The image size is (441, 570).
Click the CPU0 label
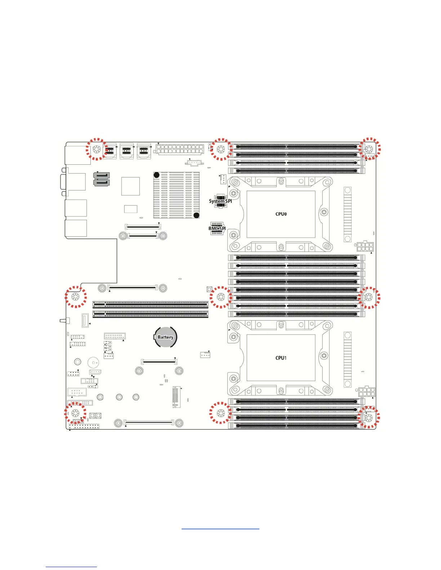pos(281,214)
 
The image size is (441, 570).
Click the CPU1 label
pos(281,358)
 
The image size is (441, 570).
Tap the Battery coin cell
pos(165,337)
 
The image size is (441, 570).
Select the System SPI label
pos(220,201)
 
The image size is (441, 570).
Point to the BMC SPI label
pos(217,229)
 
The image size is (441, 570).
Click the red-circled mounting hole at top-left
pos(97,149)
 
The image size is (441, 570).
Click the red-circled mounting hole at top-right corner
pos(369,149)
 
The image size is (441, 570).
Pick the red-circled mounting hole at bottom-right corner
pos(369,418)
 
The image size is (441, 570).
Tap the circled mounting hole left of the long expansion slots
pos(76,297)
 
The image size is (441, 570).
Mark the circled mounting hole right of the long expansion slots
pos(220,297)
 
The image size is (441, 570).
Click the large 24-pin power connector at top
pos(180,149)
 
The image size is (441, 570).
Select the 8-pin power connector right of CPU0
pos(365,247)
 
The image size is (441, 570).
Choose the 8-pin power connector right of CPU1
pos(366,392)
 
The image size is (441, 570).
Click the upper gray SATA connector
pos(101,175)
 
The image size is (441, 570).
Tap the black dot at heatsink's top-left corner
pos(157,175)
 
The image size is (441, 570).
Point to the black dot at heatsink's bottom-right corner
pos(196,215)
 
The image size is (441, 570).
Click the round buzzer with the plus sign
pos(93,363)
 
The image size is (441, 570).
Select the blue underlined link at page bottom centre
pos(220,529)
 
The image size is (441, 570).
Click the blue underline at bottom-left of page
pos(71,567)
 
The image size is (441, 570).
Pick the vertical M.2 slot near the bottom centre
pos(175,397)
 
